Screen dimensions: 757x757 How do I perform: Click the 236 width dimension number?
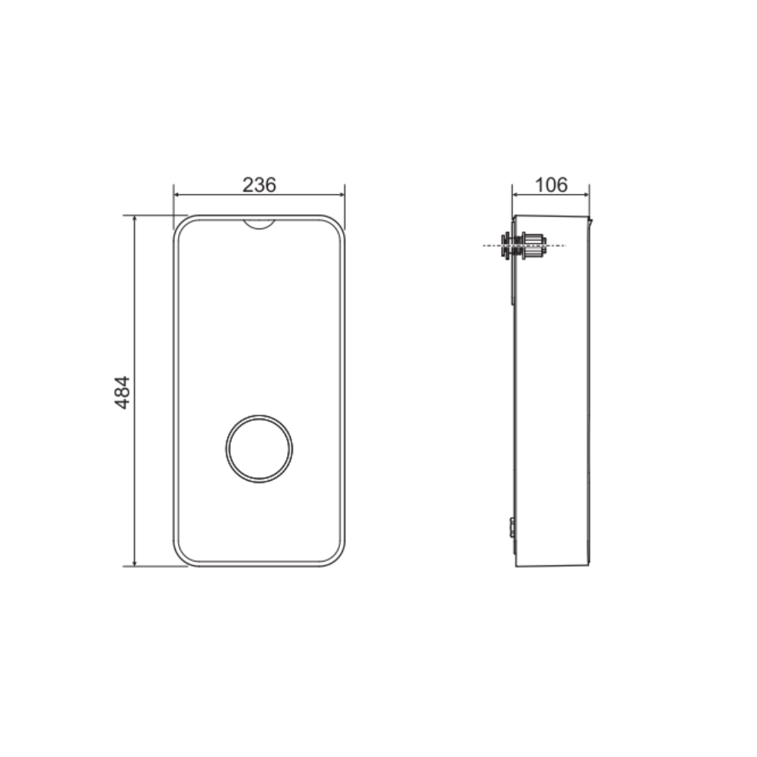(x=259, y=185)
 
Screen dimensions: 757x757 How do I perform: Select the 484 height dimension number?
(x=123, y=392)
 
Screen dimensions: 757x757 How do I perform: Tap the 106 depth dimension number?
(x=551, y=185)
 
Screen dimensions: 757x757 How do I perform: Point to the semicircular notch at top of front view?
(x=259, y=226)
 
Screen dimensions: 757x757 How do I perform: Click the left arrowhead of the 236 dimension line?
(x=177, y=195)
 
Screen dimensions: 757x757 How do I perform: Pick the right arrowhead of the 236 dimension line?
(x=341, y=195)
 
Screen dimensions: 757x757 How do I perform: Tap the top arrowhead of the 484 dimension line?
(x=135, y=220)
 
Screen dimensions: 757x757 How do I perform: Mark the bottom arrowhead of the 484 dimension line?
(x=135, y=562)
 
